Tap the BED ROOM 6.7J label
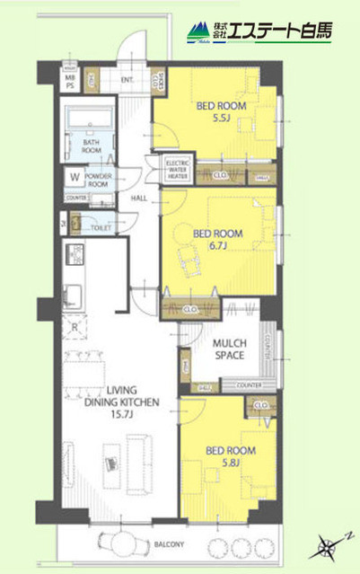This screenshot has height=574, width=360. click(x=212, y=238)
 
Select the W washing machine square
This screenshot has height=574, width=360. click(x=75, y=176)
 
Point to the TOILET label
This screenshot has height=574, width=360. click(x=101, y=228)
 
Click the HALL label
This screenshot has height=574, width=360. click(x=139, y=199)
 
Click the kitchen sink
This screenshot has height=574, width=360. click(x=74, y=295)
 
